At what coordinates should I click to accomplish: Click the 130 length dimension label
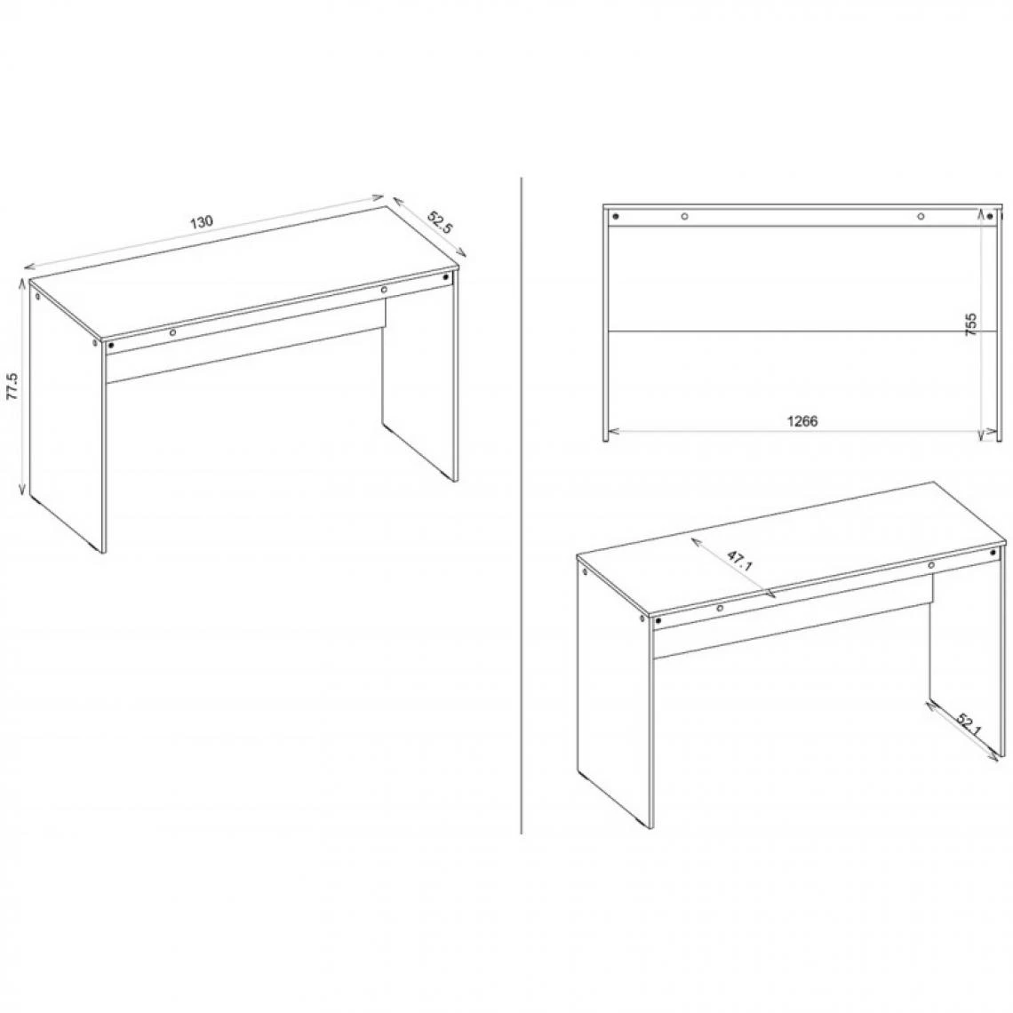coord(201,222)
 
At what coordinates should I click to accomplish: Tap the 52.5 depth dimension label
coord(440,222)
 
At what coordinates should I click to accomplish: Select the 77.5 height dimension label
coord(12,387)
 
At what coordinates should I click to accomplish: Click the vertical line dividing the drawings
coord(521,506)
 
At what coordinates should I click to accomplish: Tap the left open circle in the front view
coord(684,216)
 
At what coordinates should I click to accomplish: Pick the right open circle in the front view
coord(921,216)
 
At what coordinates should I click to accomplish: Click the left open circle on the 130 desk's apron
coord(172,332)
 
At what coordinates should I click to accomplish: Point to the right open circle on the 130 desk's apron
coord(384,290)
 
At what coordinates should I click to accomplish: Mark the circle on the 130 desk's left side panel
coord(37,297)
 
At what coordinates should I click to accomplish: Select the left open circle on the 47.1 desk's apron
coord(720,609)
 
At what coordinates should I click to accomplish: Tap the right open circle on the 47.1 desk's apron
coord(931,565)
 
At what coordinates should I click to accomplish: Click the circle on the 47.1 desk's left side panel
coord(585,572)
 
